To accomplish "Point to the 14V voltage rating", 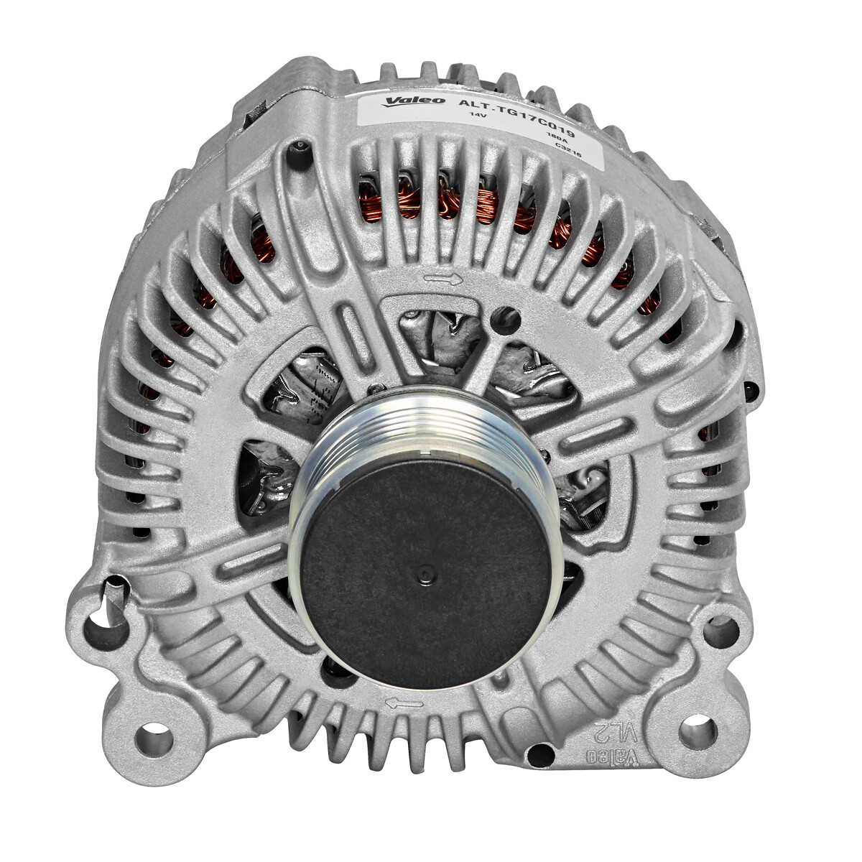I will click(x=478, y=115).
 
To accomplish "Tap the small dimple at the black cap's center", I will click(x=425, y=573).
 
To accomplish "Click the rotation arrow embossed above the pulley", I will click(x=442, y=279).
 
